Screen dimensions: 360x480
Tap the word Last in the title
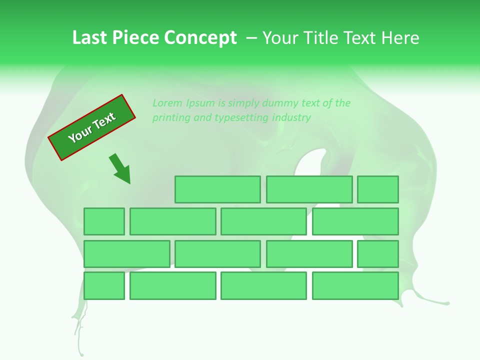(x=90, y=38)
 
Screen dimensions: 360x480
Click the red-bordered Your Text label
(x=91, y=127)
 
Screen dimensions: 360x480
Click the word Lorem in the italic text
(x=168, y=103)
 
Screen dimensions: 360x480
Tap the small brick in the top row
(x=378, y=189)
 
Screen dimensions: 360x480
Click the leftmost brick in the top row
(x=217, y=189)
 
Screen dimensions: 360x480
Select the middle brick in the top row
(x=309, y=189)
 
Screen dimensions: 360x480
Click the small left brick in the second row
(x=104, y=221)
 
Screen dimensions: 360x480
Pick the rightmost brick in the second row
(x=355, y=221)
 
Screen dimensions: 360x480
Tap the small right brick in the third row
(x=378, y=254)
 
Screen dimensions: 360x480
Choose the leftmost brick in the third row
(x=126, y=254)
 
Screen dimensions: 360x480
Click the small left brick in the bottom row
(x=104, y=286)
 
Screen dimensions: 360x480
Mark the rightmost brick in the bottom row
(x=355, y=286)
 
